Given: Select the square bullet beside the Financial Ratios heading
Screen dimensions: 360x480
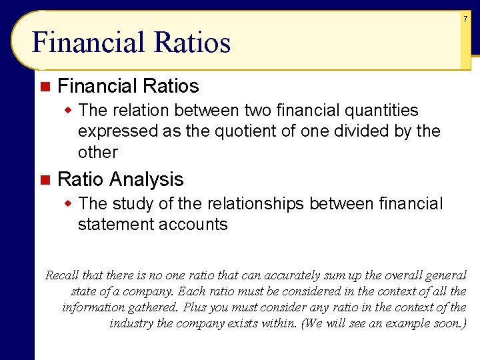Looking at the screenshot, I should click(45, 86).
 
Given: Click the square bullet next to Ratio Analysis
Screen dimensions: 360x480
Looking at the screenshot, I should click(45, 179).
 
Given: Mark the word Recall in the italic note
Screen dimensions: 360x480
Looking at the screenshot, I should click(62, 275).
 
